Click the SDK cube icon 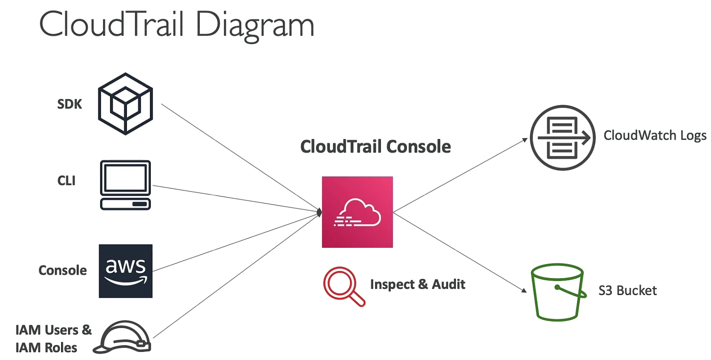point(125,104)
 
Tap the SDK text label point(69,104)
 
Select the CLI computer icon point(125,185)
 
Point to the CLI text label point(66,181)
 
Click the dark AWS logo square point(126,271)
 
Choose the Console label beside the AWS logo point(62,270)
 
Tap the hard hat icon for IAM point(122,337)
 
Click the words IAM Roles point(46,348)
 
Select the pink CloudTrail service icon point(357,212)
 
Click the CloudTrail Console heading point(376,146)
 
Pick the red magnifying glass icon point(344,286)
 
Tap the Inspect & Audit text point(418,284)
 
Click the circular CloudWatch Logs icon point(562,137)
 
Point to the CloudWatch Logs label point(655,136)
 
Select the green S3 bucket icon point(558,292)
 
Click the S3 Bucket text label point(627,291)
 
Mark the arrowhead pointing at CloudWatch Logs point(525,139)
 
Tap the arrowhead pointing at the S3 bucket point(524,290)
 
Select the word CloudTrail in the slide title point(111,24)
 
